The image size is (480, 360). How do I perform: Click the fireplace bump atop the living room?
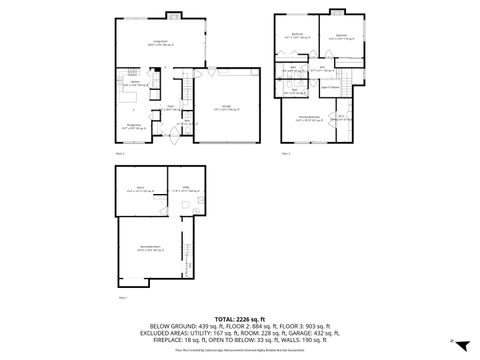(x=173, y=15)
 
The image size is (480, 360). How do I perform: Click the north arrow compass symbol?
(x=453, y=342)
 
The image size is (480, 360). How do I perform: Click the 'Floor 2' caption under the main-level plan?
(x=120, y=154)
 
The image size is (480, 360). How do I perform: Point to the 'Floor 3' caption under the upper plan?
(x=286, y=154)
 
